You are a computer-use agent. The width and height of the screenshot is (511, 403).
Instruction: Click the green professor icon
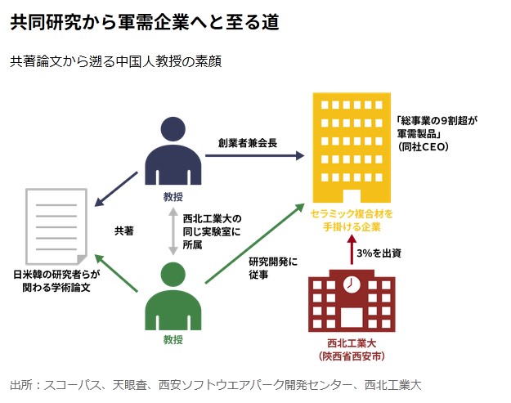pos(173,297)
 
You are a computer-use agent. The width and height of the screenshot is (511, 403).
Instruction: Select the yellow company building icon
pos(350,147)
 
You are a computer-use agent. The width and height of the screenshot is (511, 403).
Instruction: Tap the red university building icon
pos(352,302)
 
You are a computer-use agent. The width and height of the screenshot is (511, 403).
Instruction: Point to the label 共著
pos(123,231)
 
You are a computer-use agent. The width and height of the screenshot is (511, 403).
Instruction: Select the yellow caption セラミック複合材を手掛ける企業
pos(351,220)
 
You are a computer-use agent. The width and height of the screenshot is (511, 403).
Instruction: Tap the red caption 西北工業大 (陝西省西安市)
pos(352,351)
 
